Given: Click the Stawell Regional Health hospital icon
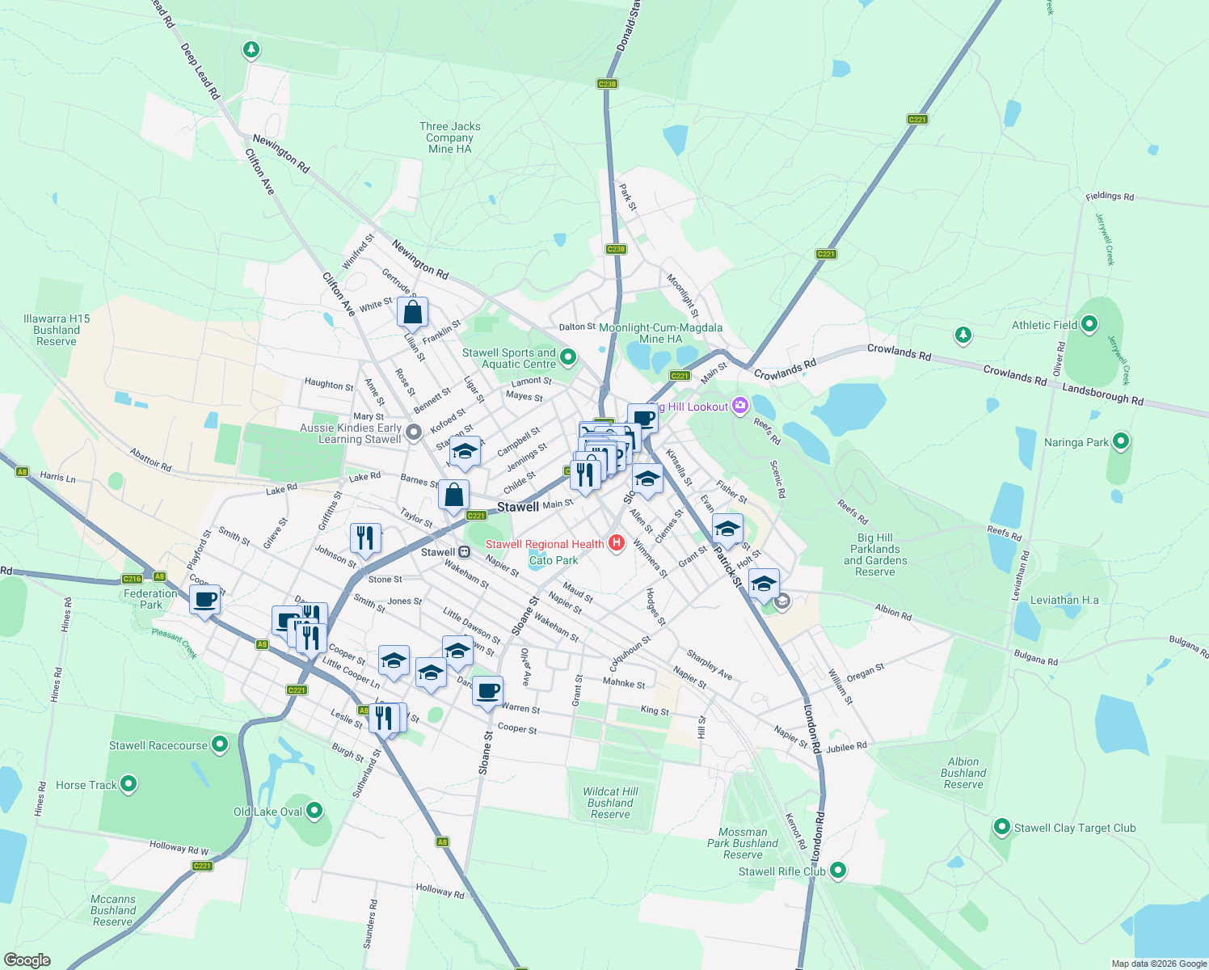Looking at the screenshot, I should click(617, 543).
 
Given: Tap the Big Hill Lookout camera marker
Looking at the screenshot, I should click(740, 406).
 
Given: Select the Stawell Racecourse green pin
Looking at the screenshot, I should click(220, 745).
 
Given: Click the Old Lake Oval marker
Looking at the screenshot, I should click(314, 811).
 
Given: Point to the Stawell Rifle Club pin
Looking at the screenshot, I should click(838, 871).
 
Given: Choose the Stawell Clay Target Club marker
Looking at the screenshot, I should click(1002, 827).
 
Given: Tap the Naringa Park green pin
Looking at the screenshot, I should click(1120, 441).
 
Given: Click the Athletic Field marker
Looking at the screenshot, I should click(1089, 325).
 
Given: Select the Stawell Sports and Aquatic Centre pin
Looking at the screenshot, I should click(568, 356).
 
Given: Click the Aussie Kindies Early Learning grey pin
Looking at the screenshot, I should click(414, 433).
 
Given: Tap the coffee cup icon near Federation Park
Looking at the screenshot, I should click(205, 601).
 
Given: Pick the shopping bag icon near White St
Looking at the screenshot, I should click(412, 312).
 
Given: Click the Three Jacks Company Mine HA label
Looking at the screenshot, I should click(450, 137).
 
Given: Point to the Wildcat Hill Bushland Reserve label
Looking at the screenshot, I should click(610, 803).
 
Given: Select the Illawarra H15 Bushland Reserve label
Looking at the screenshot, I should click(57, 330).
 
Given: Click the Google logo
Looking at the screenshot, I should click(27, 959).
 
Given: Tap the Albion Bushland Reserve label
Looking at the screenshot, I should click(963, 773).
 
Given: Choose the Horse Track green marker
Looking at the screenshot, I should click(128, 784).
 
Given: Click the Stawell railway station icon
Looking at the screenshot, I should click(465, 552).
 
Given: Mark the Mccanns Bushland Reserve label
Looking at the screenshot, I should click(113, 910).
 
